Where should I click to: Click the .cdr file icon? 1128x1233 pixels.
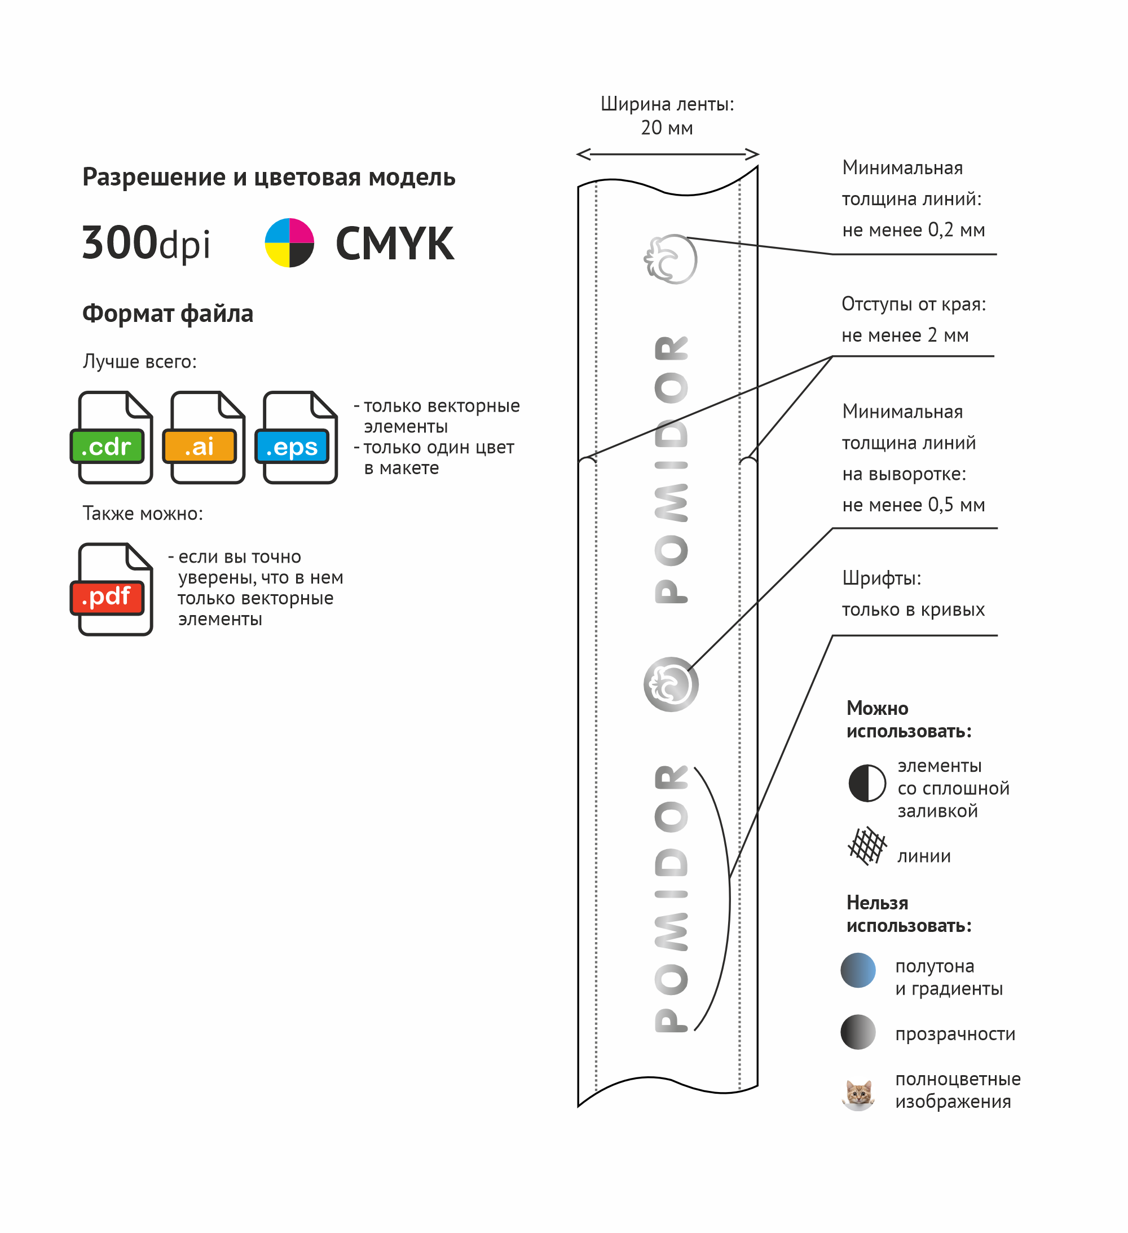(x=112, y=438)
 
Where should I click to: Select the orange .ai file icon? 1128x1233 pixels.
(x=204, y=438)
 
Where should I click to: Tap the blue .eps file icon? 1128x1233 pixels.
(x=297, y=438)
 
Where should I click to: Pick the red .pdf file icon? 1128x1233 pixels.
(x=112, y=590)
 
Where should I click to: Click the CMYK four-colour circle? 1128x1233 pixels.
(x=289, y=243)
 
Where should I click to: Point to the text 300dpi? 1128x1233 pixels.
(x=146, y=244)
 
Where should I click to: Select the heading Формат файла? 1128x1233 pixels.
(x=168, y=313)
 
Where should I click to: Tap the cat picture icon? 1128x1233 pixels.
(x=858, y=1094)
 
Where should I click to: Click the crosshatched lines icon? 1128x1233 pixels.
(x=867, y=846)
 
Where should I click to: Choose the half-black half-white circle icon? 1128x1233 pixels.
(x=867, y=783)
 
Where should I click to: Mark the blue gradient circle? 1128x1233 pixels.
(x=858, y=970)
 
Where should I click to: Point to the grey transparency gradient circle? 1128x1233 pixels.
(x=858, y=1032)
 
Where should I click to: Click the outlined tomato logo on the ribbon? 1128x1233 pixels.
(x=671, y=259)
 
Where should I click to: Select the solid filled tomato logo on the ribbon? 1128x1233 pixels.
(x=671, y=684)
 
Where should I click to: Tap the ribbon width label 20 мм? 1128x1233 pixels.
(x=667, y=128)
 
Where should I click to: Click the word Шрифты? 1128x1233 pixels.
(x=882, y=578)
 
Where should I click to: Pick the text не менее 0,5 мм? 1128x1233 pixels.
(x=913, y=505)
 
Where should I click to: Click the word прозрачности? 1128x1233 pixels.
(x=955, y=1033)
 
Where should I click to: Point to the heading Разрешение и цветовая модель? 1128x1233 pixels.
(x=268, y=178)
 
